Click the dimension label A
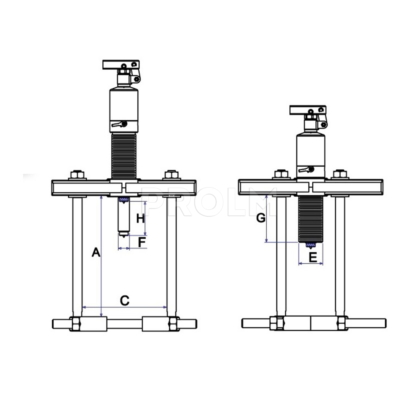pos(96,252)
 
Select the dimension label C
pos(125,300)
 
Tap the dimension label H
pos(140,219)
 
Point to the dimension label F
pos(142,242)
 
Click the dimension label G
pos(261,218)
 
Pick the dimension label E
pos(313,257)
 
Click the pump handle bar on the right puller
pos(308,110)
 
